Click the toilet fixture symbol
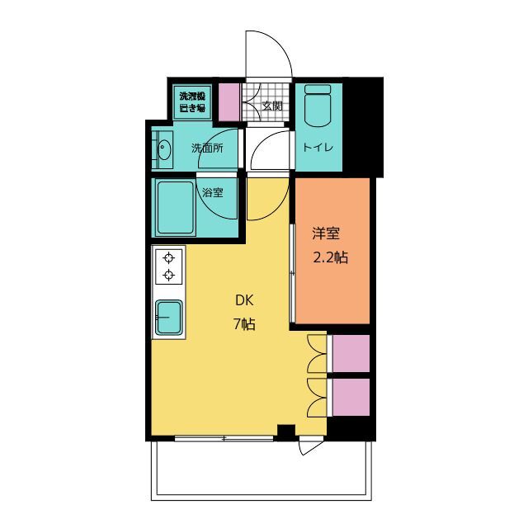[318, 106]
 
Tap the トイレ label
[318, 148]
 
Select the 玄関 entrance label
[272, 106]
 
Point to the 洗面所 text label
[207, 148]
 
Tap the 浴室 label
[213, 192]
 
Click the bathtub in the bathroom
[176, 207]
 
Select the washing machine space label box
[192, 102]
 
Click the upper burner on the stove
[168, 258]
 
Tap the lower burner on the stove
[168, 275]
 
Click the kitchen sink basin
[169, 317]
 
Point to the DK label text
[244, 300]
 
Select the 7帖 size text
[244, 324]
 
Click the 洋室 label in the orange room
[326, 233]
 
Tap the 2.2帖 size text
[331, 257]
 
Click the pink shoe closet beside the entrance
[229, 102]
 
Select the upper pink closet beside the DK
[351, 353]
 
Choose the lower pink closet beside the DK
[351, 398]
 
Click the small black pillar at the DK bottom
[286, 432]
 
